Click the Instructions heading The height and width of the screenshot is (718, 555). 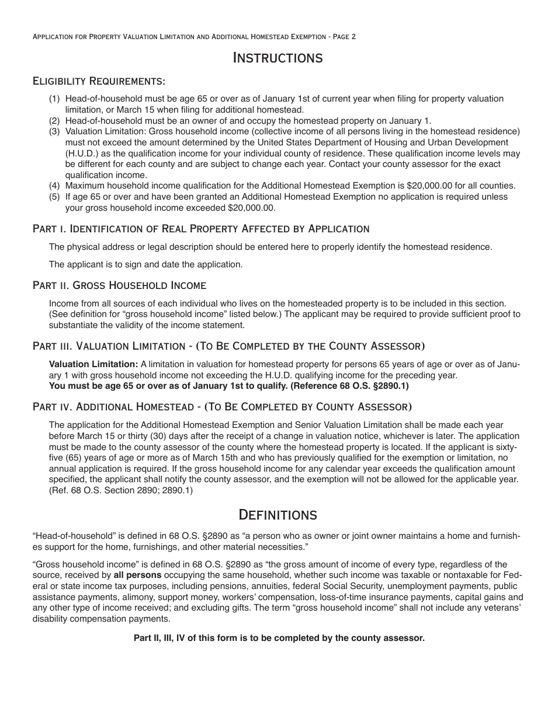(x=277, y=58)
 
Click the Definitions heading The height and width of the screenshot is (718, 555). (x=277, y=514)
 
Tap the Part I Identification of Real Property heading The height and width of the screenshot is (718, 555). (x=201, y=228)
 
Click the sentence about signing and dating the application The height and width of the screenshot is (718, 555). (x=145, y=264)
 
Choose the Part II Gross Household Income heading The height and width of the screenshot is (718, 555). (x=119, y=285)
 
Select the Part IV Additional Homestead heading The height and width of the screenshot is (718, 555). (x=222, y=406)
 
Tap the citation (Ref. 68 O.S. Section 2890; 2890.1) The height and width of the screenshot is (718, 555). (x=121, y=490)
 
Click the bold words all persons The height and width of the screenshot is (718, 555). (x=137, y=575)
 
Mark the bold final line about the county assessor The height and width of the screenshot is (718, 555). (x=279, y=638)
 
